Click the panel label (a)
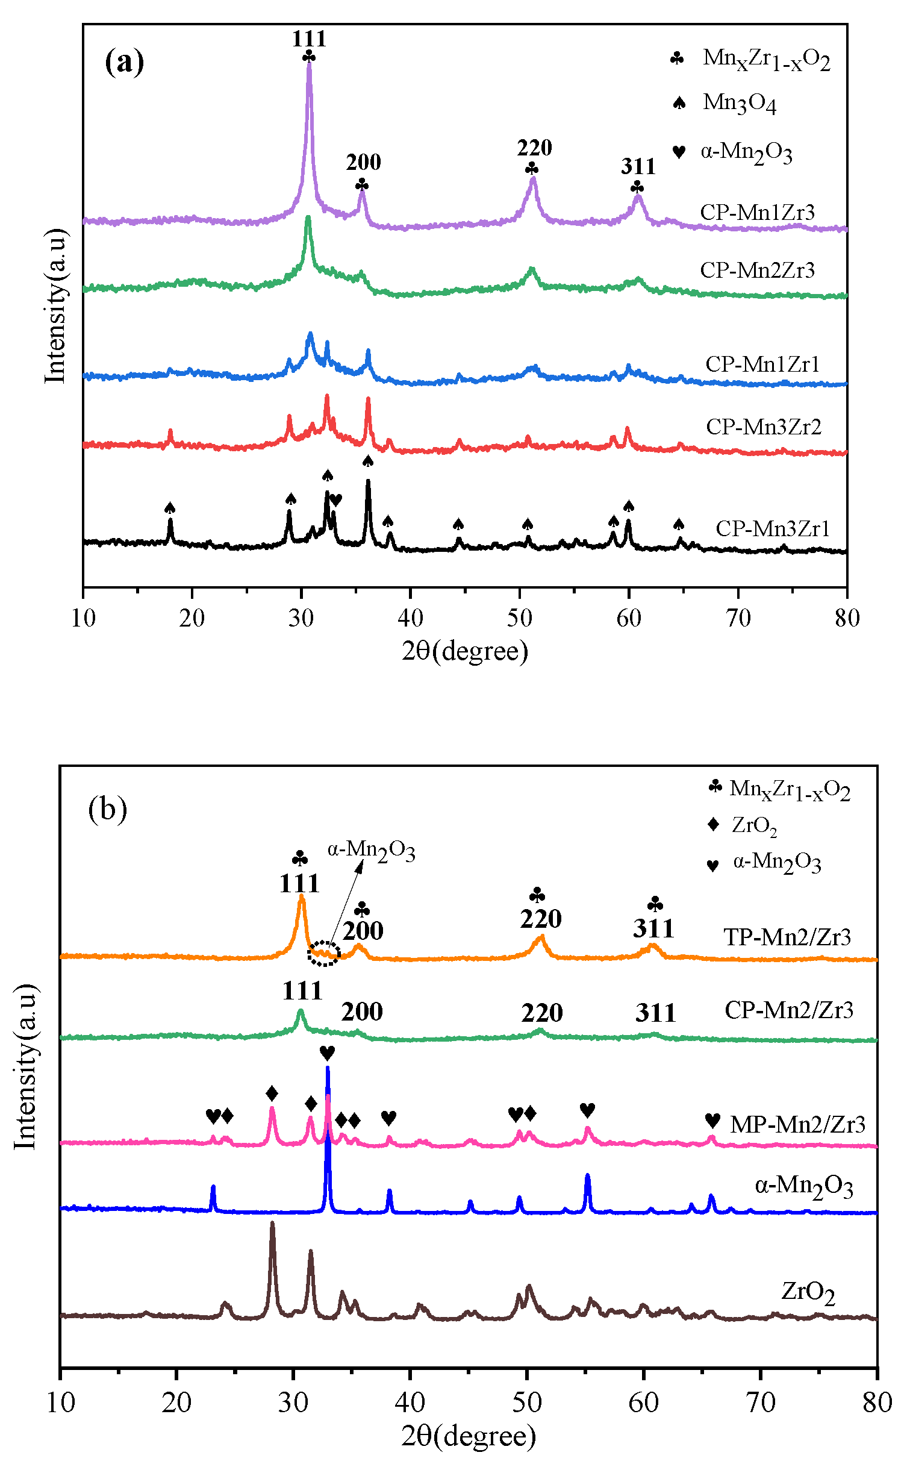coord(124,61)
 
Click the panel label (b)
coord(107,808)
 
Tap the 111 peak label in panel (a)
coord(309,39)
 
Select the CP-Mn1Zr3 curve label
coord(757,213)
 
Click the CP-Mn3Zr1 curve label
coord(773,529)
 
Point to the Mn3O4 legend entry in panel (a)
coord(739,103)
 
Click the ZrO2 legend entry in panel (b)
coord(753,825)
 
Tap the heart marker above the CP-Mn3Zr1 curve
coord(336,499)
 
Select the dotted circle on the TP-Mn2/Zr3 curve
coord(324,954)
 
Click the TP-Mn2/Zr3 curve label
coord(787,937)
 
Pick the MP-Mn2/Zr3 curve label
coord(797,1125)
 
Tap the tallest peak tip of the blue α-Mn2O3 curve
coord(328,1068)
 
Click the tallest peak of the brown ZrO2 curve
coord(272,1224)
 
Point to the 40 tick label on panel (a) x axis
coord(410,618)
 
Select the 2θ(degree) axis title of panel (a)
coord(465,651)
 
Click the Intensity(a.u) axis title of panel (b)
coord(25,1066)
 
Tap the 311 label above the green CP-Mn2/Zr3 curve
coord(655,1013)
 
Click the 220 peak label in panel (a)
coord(534,148)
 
